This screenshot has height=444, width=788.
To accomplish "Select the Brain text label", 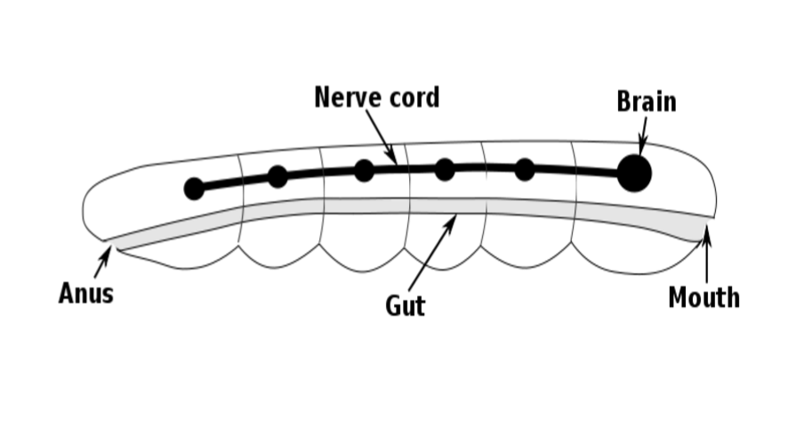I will pyautogui.click(x=646, y=102).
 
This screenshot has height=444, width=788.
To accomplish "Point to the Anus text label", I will pyautogui.click(x=86, y=294).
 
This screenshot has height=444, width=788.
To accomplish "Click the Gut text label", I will pyautogui.click(x=405, y=306).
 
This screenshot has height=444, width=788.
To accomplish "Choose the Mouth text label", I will pyautogui.click(x=704, y=297).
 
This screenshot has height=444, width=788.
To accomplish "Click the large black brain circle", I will pyautogui.click(x=634, y=173).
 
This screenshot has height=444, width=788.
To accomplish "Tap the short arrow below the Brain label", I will pyautogui.click(x=643, y=138).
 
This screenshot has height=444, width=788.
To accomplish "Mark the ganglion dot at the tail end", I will pyautogui.click(x=194, y=189).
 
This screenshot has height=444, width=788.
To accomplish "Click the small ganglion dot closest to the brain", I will pyautogui.click(x=525, y=169).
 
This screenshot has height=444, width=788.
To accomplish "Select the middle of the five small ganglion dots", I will pyautogui.click(x=364, y=170).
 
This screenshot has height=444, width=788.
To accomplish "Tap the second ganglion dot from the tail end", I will pyautogui.click(x=277, y=176).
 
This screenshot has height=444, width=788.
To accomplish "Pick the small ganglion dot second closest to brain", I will pyautogui.click(x=445, y=169).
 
